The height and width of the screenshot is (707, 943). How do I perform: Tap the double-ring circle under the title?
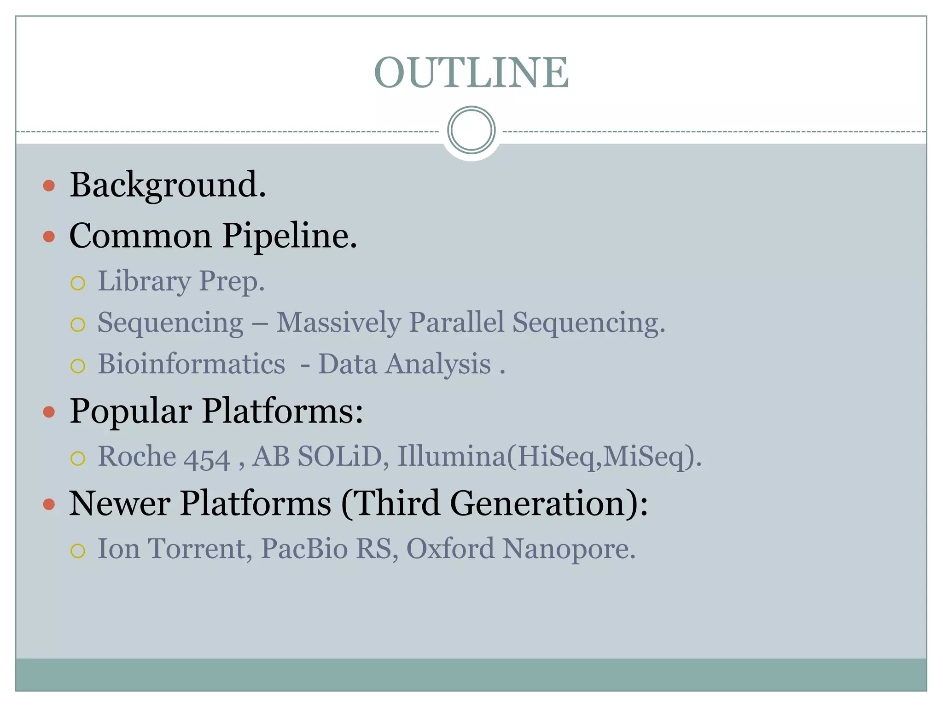pyautogui.click(x=471, y=130)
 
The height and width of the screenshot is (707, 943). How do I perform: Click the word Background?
pyautogui.click(x=168, y=185)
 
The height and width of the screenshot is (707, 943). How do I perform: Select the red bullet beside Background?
pyautogui.click(x=49, y=186)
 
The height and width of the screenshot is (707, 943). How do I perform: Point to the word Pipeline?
pyautogui.click(x=290, y=236)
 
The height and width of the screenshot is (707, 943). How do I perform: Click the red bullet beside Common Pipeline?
pyautogui.click(x=49, y=237)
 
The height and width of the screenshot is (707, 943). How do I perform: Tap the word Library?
pyautogui.click(x=144, y=281)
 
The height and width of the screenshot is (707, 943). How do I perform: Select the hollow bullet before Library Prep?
pyautogui.click(x=78, y=283)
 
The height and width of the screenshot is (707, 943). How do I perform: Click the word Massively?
pyautogui.click(x=338, y=323)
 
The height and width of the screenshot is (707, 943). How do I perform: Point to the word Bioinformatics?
pyautogui.click(x=192, y=364)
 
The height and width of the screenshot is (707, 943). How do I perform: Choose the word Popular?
pyautogui.click(x=131, y=411)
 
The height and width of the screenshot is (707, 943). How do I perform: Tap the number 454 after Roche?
pyautogui.click(x=207, y=458)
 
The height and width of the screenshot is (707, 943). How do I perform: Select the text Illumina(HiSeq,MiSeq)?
pyautogui.click(x=549, y=457)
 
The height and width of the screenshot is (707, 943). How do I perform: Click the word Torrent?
pyautogui.click(x=200, y=549)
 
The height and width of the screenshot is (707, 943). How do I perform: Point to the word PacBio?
pyautogui.click(x=304, y=549)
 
